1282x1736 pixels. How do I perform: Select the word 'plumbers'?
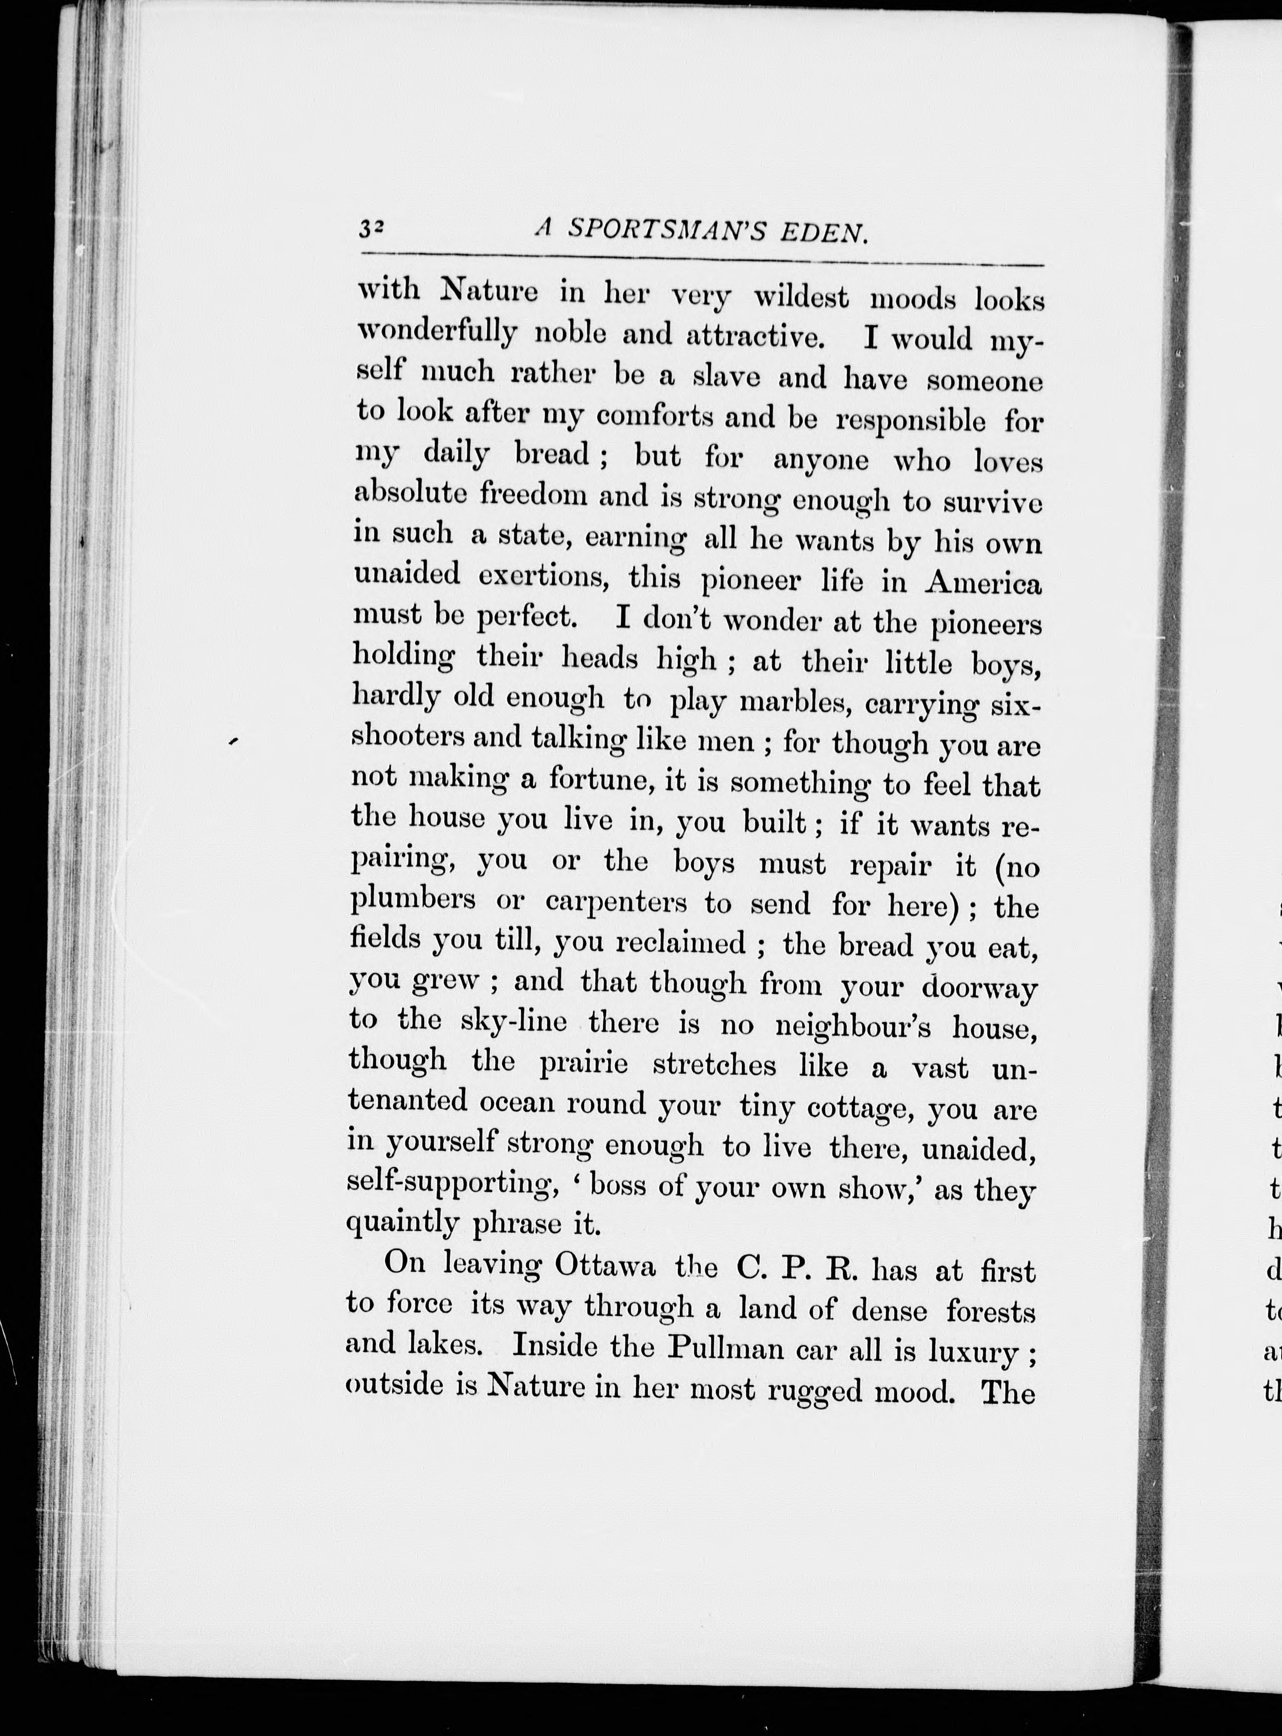[412, 900]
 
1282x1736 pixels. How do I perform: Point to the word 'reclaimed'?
[680, 942]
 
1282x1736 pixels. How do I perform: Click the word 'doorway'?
[979, 988]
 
